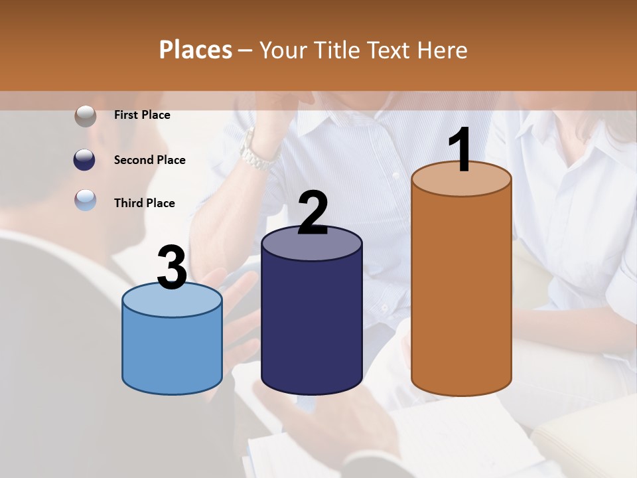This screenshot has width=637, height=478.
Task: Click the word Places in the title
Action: (x=196, y=50)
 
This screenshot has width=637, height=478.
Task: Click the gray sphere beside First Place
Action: (x=85, y=116)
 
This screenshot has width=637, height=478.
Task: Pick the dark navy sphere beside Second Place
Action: (x=85, y=160)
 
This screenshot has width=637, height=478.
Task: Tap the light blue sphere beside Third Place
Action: (x=85, y=200)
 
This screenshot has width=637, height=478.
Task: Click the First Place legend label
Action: (x=142, y=115)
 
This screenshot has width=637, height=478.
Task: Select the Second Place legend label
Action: (x=149, y=160)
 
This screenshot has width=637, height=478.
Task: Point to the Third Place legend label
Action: (x=144, y=203)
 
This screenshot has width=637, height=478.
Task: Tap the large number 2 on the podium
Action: (x=313, y=212)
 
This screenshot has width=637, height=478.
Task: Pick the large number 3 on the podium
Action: (x=173, y=268)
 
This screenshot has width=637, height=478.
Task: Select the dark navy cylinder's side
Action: (x=311, y=319)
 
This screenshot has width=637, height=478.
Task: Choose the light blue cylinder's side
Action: (x=172, y=352)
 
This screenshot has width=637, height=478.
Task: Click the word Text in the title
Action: (x=393, y=50)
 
